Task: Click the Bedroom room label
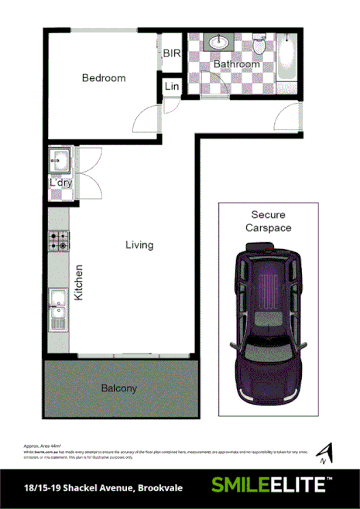coord(104,78)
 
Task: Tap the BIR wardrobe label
coord(171,53)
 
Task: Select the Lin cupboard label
coord(171,87)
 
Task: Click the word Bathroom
coord(236,64)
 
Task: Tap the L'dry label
coord(60,183)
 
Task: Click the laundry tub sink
coord(59,162)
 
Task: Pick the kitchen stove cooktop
coord(59,241)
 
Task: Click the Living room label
coord(140,245)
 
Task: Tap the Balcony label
coord(118,388)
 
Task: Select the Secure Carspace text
coord(268,221)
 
